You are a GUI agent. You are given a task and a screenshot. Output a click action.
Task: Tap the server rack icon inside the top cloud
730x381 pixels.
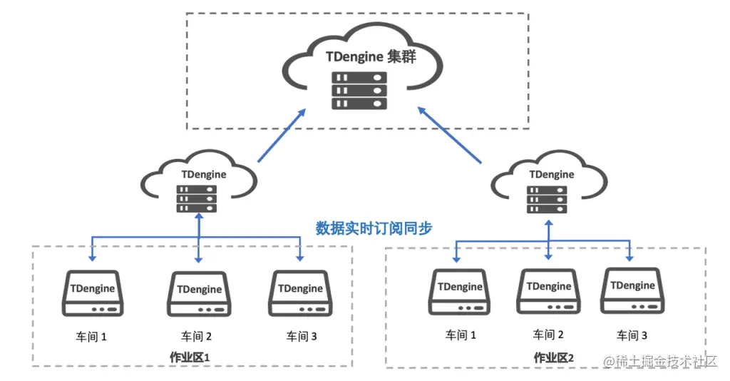point(359,90)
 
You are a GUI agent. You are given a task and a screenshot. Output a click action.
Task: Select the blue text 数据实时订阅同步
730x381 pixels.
point(374,228)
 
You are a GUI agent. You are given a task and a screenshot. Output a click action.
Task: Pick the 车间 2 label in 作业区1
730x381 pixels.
point(197,336)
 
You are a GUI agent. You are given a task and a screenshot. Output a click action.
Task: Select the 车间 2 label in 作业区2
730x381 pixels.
point(548,334)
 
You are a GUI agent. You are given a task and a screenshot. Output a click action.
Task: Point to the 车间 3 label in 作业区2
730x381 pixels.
point(632,335)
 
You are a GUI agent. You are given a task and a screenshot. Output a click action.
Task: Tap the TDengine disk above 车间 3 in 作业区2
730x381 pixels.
point(632,290)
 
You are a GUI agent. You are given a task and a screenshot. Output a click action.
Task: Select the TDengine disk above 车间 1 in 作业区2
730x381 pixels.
point(460,292)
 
